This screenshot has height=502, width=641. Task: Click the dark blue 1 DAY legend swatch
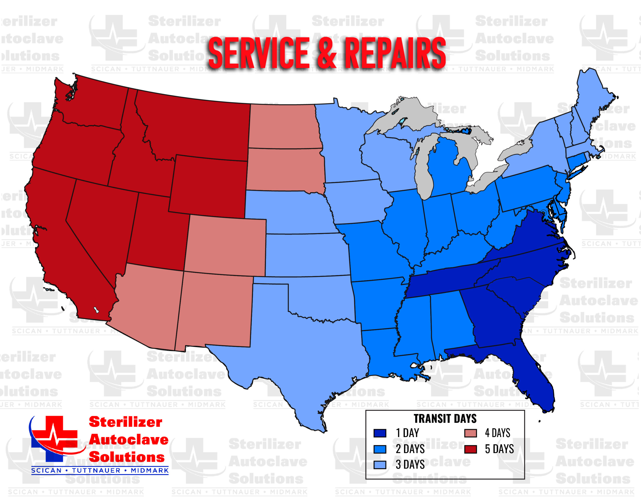pos(379,433)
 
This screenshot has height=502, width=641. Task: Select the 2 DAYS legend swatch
pos(379,449)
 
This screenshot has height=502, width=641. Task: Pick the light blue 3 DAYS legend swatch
pos(379,465)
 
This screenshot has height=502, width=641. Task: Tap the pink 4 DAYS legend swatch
pos(470,433)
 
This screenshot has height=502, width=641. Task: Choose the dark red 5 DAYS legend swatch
pos(470,449)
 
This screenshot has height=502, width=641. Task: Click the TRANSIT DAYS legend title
pos(445,419)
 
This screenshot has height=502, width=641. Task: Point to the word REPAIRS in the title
pos(395,53)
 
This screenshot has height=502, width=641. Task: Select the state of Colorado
pos(226,245)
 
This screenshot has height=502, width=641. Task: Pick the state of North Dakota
pos(283,126)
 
